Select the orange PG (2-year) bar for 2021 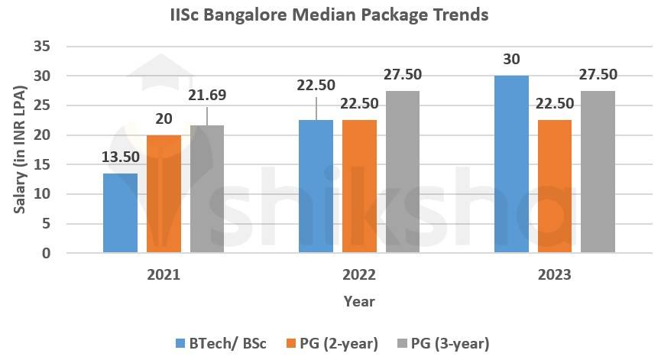(x=164, y=194)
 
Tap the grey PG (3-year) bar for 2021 (x=207, y=189)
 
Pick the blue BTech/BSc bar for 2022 (x=316, y=186)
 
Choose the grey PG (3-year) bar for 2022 (x=403, y=172)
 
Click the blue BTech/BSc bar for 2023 (x=510, y=164)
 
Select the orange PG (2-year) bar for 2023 (x=554, y=186)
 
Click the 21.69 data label (x=208, y=96)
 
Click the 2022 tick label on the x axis (x=358, y=274)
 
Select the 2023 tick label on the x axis (x=554, y=274)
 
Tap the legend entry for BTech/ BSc (x=222, y=343)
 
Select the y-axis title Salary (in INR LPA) (x=21, y=150)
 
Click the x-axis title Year (x=358, y=301)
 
